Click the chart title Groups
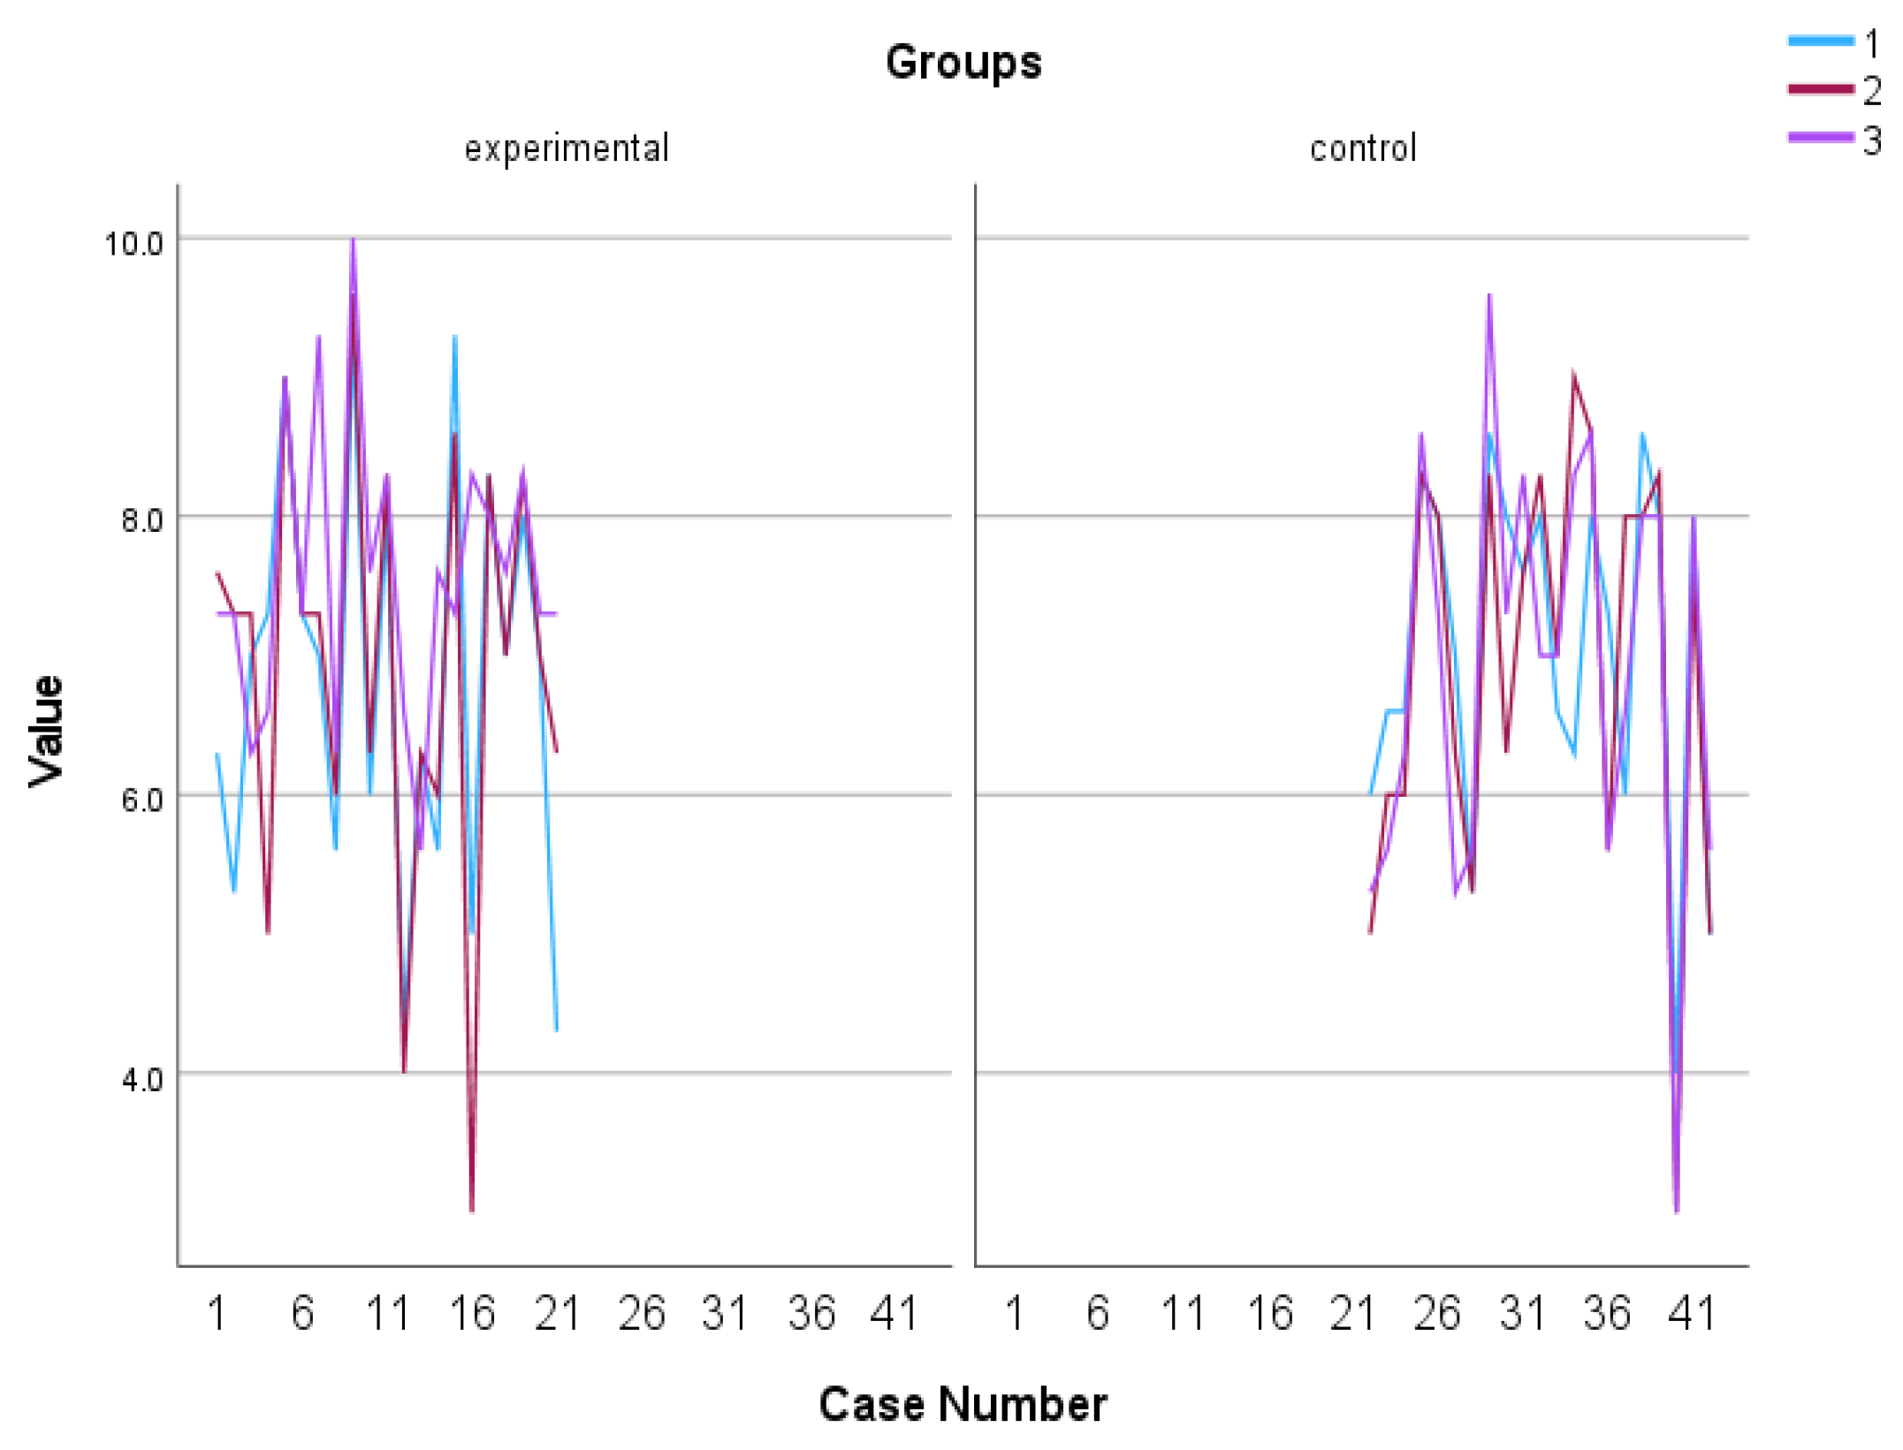pos(963,63)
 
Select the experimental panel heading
pos(567,148)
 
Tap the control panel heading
pos(1363,148)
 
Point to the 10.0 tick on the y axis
pos(134,243)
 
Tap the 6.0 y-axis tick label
pos(141,800)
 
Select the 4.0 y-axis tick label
pos(141,1079)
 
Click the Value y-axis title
pos(46,731)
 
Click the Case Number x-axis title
pos(962,1404)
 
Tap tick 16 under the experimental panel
pos(472,1314)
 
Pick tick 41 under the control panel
pos(1692,1314)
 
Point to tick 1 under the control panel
pos(1014,1314)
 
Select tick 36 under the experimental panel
pos(811,1314)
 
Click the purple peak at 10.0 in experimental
pos(353,240)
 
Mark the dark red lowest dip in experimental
pos(472,1210)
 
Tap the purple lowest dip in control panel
pos(1676,1210)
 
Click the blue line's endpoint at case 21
pos(556,1030)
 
